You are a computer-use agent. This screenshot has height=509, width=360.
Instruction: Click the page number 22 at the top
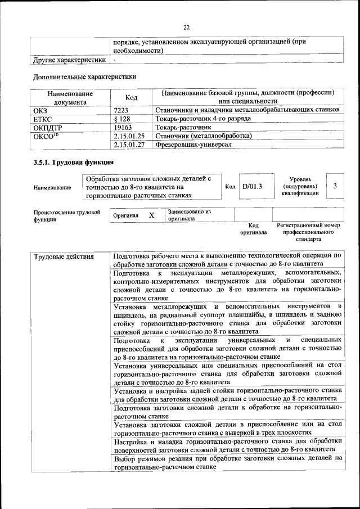187,27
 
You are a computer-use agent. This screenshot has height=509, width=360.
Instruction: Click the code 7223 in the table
121,109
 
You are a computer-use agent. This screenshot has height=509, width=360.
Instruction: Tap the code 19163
123,127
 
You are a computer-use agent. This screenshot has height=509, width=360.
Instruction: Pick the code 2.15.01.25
129,136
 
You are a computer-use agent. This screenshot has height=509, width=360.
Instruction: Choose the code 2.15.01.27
129,145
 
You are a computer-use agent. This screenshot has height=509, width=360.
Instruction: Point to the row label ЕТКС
44,119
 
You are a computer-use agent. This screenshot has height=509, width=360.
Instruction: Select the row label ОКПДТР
48,127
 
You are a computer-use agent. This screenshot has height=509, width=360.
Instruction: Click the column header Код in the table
131,97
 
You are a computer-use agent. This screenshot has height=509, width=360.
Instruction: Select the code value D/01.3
252,187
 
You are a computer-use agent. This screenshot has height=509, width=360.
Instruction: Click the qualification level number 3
335,186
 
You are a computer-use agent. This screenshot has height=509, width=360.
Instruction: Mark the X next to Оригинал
151,215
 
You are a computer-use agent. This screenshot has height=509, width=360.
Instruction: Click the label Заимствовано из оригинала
189,215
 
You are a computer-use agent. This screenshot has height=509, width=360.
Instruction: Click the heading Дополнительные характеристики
84,76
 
